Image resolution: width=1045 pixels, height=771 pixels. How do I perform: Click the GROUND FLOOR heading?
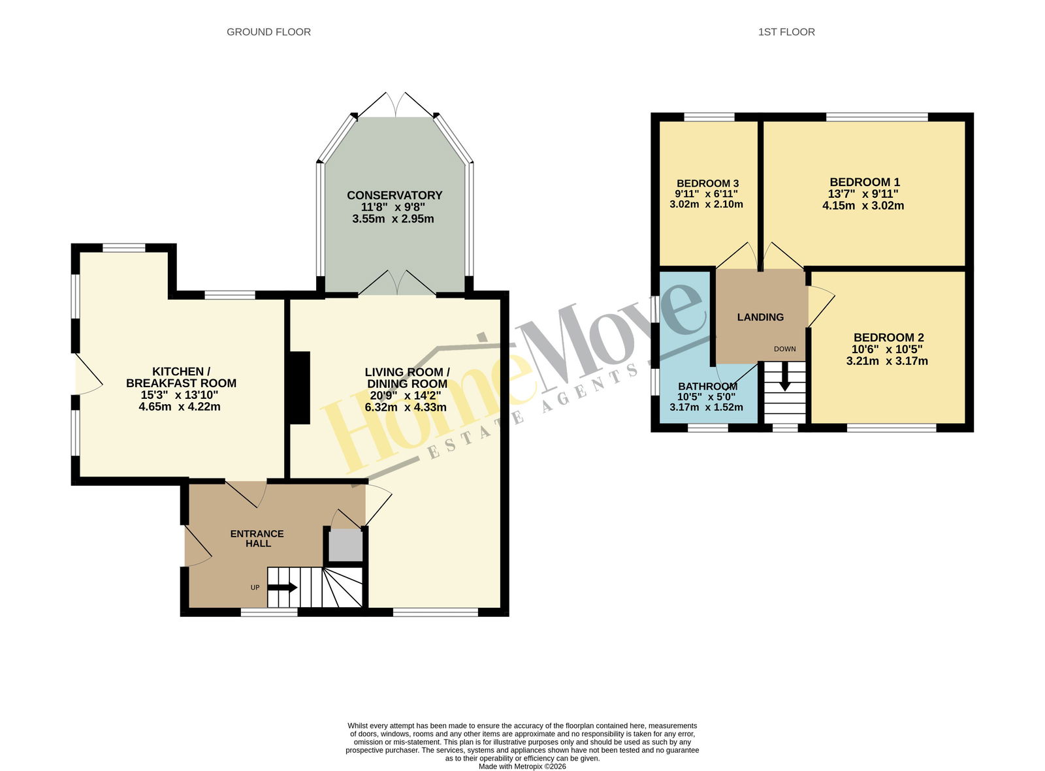tap(268, 32)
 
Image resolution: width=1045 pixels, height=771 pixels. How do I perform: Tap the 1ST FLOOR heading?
tap(786, 32)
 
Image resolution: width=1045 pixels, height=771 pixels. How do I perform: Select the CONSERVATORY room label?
tap(394, 195)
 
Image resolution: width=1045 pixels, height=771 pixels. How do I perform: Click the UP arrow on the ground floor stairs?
tap(282, 588)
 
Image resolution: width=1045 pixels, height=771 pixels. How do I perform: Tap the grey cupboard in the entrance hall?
tap(346, 545)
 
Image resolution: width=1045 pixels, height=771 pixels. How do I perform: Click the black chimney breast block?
tap(300, 388)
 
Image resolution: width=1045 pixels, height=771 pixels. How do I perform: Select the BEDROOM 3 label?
tap(707, 183)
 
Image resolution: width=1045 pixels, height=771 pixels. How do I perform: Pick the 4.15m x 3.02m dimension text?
tap(863, 206)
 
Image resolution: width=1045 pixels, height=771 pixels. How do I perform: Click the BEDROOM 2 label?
tap(889, 338)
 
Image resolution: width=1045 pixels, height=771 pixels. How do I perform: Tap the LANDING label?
tap(760, 317)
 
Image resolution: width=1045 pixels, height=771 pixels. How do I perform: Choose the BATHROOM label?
tap(707, 386)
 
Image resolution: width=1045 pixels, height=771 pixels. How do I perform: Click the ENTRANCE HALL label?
tap(257, 539)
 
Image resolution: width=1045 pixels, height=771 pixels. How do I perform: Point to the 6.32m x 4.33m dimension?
tap(406, 407)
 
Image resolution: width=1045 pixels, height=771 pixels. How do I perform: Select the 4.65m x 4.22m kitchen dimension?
tap(180, 406)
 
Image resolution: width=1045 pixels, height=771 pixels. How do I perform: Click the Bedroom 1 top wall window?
tap(876, 117)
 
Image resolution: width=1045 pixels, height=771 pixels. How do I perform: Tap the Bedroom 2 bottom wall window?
tap(892, 428)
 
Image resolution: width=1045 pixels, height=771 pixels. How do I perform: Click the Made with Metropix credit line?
tap(522, 766)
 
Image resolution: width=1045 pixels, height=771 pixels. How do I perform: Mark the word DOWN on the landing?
tap(784, 349)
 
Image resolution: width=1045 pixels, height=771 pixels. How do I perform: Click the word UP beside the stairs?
tap(255, 588)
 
